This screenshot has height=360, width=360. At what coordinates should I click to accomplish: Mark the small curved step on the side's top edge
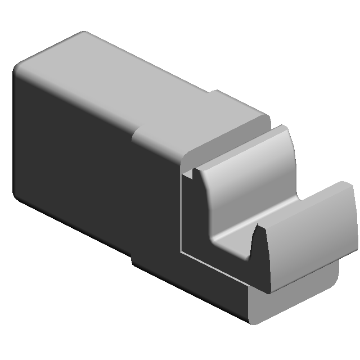(x=135, y=135)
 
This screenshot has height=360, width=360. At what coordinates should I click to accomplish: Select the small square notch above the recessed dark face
(x=188, y=173)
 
